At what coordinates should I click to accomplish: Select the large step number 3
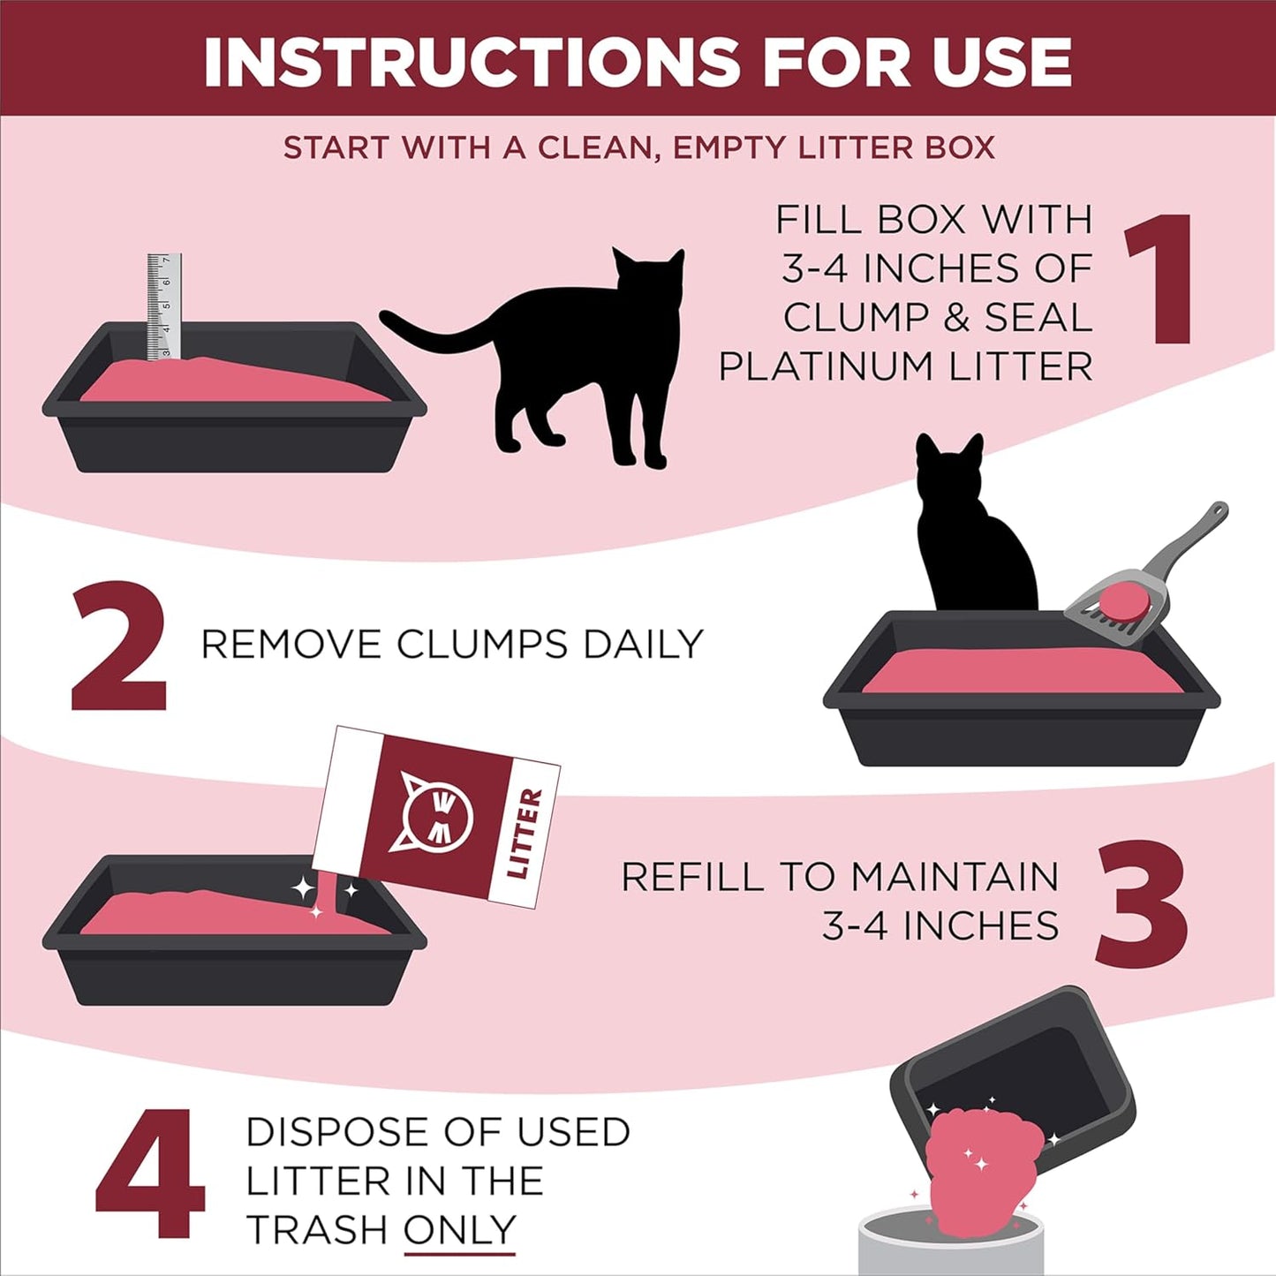[1141, 903]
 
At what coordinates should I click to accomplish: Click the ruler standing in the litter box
[164, 306]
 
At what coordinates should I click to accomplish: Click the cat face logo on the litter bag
[436, 813]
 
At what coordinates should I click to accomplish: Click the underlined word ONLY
[459, 1229]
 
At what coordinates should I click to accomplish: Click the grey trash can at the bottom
[949, 1245]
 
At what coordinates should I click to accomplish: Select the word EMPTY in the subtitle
[729, 147]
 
